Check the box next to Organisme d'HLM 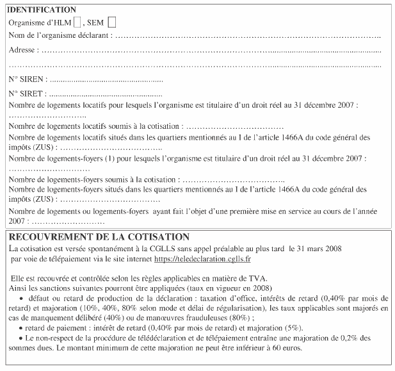tap(77, 22)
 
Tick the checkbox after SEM tap(112, 22)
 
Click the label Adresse tap(24, 49)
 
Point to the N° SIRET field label tap(28, 94)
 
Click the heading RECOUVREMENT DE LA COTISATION tap(99, 237)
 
